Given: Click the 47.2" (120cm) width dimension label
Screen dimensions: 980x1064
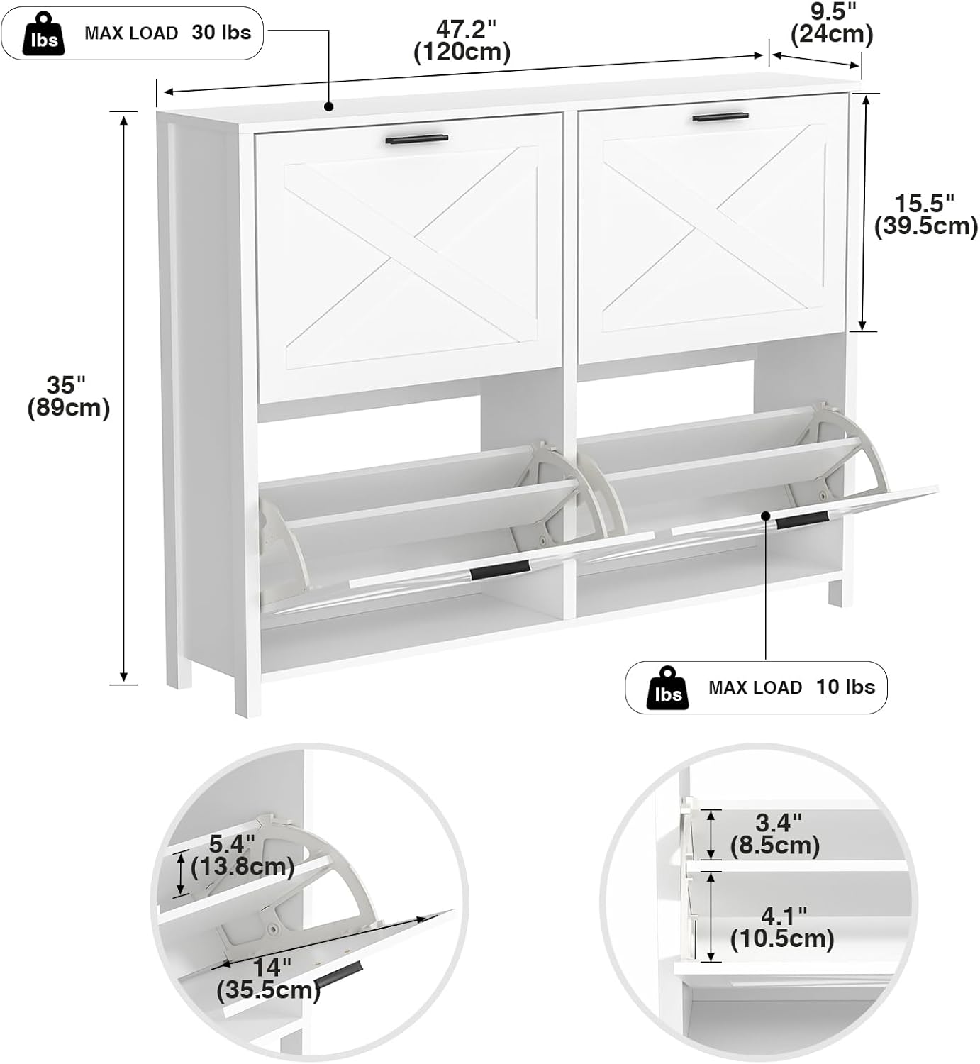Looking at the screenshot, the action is pyautogui.click(x=462, y=41).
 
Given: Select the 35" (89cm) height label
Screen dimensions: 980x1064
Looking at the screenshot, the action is pyautogui.click(x=68, y=397).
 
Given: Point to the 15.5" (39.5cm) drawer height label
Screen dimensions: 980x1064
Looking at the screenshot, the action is pyautogui.click(x=926, y=215).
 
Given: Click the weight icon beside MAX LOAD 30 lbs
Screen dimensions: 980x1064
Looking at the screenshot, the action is pyautogui.click(x=44, y=33).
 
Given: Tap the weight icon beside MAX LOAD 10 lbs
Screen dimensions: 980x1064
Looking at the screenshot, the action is pyautogui.click(x=668, y=688).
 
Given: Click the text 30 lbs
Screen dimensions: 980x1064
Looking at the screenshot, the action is pyautogui.click(x=221, y=33).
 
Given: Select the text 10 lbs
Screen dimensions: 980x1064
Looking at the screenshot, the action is pyautogui.click(x=846, y=687).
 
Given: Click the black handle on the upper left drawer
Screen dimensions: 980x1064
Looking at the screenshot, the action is pyautogui.click(x=417, y=140).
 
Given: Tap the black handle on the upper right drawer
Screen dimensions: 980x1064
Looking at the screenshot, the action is pyautogui.click(x=720, y=117).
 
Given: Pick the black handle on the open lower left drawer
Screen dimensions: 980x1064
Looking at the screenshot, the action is pyautogui.click(x=500, y=571).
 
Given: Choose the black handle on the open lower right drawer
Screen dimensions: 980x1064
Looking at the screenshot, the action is pyautogui.click(x=802, y=522).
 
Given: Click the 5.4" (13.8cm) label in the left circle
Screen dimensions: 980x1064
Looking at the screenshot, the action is pyautogui.click(x=242, y=855).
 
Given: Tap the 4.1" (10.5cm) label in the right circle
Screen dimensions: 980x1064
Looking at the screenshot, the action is pyautogui.click(x=782, y=929).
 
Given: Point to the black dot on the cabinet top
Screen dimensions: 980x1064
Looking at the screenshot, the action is pyautogui.click(x=329, y=106).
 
